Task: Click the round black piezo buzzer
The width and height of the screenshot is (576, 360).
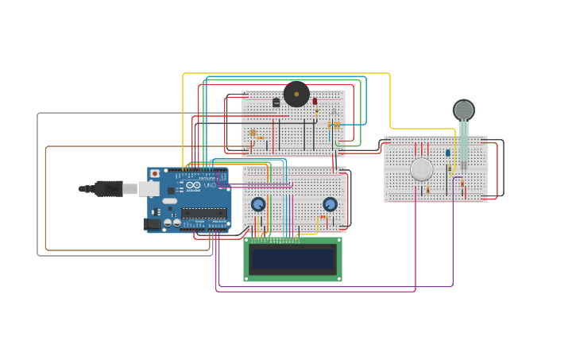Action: click(x=296, y=94)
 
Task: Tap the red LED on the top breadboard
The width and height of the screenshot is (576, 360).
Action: click(x=315, y=101)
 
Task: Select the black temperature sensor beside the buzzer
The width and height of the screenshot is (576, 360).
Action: click(x=276, y=103)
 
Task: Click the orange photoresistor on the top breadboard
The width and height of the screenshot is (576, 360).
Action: click(x=253, y=133)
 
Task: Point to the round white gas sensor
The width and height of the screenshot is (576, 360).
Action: click(x=422, y=169)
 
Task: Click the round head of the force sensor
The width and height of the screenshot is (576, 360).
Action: click(x=464, y=110)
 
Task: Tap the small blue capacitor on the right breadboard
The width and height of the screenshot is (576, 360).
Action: click(x=447, y=153)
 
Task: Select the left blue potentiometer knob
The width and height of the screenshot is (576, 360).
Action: click(x=258, y=204)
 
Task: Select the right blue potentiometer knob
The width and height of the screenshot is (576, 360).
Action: click(x=330, y=204)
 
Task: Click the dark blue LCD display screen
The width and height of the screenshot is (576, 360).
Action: click(x=292, y=259)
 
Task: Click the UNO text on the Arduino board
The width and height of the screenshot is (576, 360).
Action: click(x=210, y=185)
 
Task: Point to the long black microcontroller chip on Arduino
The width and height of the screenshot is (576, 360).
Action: click(x=203, y=213)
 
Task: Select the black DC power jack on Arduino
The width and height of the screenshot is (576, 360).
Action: click(x=152, y=224)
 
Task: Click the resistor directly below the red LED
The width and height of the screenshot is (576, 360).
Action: click(x=316, y=113)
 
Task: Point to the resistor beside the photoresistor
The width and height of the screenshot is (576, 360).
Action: click(x=260, y=138)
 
